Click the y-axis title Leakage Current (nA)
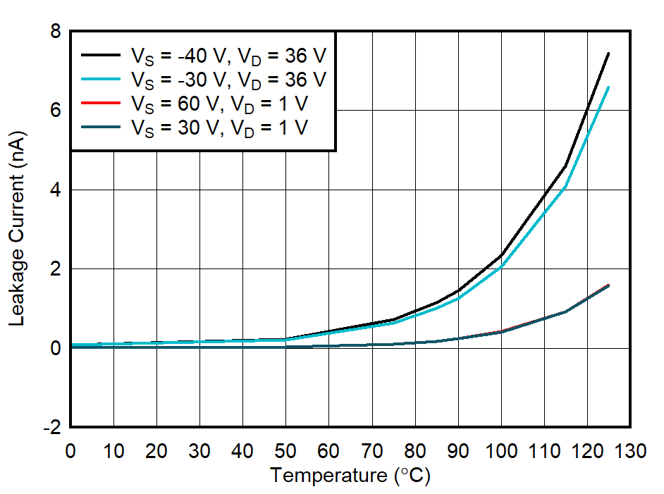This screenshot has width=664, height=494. pos(17,229)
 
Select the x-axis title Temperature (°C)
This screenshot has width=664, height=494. pos(350,476)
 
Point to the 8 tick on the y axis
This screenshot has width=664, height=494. pos(54,32)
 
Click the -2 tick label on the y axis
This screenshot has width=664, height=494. pos(51,428)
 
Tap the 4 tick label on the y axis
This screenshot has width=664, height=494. pos(54,190)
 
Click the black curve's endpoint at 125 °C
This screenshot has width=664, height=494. pos(608,53)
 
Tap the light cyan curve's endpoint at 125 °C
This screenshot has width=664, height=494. pos(608,87)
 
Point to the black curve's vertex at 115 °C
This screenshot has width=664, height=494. pos(565,166)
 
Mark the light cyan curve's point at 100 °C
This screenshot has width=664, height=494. pos(501,266)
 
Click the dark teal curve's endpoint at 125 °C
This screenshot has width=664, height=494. pos(608,285)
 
